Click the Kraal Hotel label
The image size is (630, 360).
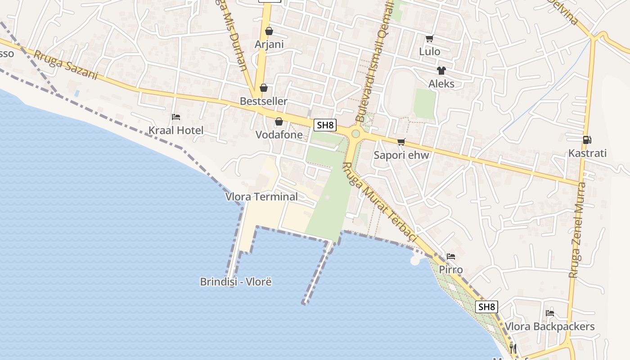176,130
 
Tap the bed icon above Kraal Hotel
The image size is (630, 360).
176,117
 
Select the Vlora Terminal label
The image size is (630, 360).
261,197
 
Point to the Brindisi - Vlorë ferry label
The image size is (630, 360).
236,282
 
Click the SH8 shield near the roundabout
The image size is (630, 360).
325,125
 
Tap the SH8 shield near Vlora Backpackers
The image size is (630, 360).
486,307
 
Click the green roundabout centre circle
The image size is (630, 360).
355,134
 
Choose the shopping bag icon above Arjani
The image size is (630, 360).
269,31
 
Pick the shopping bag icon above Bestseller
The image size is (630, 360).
264,87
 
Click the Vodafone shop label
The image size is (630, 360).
279,135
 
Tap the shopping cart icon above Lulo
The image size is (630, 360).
429,39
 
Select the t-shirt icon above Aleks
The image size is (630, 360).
441,71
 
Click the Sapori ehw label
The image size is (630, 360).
401,155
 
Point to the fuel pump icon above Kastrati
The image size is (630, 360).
587,140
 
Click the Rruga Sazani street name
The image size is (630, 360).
66,65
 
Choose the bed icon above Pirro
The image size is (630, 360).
451,256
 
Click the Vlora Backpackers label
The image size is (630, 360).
549,326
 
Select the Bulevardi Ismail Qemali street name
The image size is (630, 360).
374,61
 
